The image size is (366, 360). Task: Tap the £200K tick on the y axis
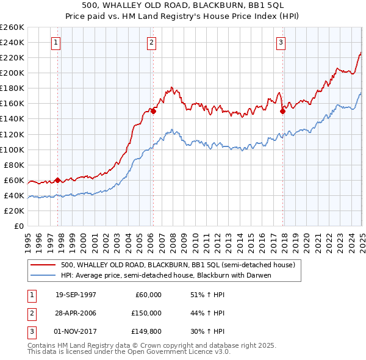(13, 73)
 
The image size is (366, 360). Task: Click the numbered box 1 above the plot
(56, 43)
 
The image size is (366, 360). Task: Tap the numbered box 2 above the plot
(151, 43)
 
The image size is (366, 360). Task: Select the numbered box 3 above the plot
(281, 43)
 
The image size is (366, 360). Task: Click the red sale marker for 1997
(58, 180)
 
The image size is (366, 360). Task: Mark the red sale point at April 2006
(154, 111)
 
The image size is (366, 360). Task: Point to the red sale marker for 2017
(283, 111)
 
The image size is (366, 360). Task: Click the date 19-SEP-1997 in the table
(76, 295)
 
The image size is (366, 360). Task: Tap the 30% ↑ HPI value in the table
(208, 331)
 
